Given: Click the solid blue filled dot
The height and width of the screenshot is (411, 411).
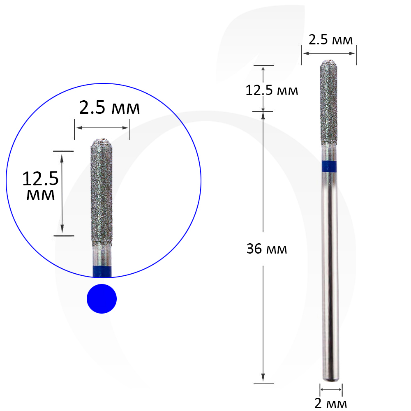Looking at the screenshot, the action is [x=102, y=298].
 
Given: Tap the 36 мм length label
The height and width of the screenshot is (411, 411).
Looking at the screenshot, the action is [x=267, y=249].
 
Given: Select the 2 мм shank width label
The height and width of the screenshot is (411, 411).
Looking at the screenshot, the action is [x=330, y=404].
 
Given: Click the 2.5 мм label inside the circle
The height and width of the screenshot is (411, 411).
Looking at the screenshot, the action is [x=110, y=107].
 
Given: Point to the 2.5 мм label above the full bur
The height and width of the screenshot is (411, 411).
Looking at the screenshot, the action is [x=330, y=40].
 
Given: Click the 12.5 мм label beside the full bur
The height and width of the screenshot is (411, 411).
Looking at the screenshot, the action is [x=272, y=90].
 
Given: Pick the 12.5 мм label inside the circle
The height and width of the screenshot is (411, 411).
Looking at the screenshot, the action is [x=41, y=186].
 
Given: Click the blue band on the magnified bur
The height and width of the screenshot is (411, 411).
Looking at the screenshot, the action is [x=102, y=272].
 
